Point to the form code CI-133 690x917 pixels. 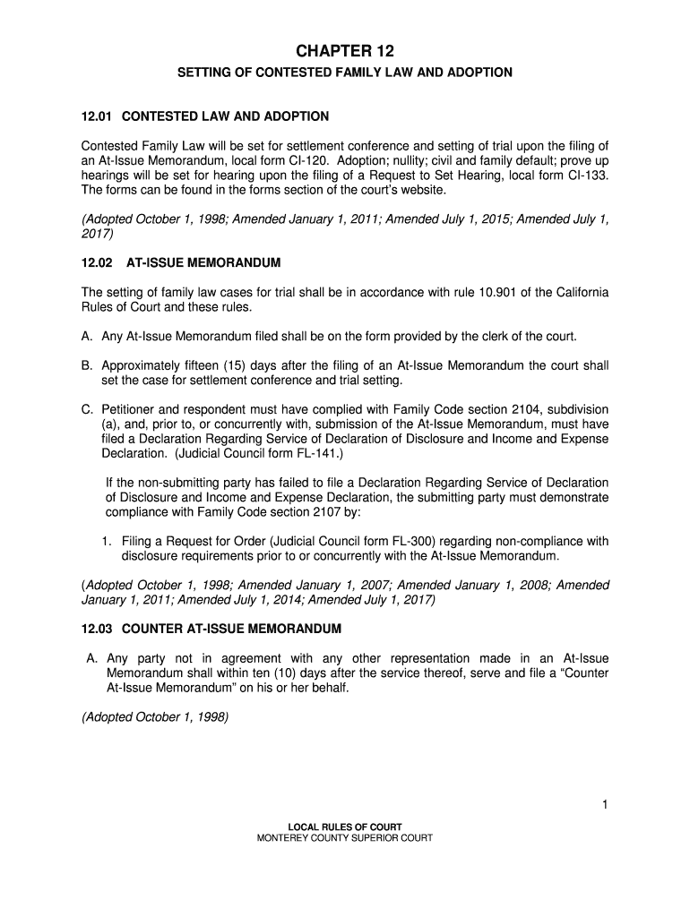(587, 176)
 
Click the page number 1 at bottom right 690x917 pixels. (606, 805)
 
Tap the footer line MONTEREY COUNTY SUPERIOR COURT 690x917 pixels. (345, 838)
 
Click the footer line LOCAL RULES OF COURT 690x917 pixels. (345, 827)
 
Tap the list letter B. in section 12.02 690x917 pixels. (88, 365)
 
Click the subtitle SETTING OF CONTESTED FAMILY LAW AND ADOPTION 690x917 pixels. (345, 72)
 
